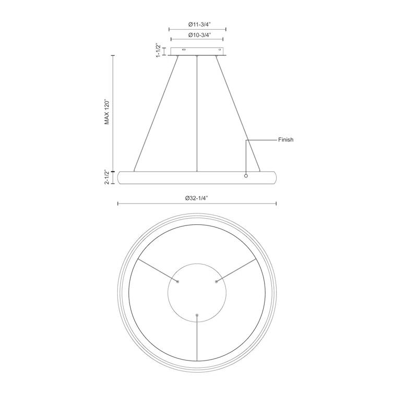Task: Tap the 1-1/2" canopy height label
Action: pos(158,50)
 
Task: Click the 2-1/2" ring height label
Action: pos(107,177)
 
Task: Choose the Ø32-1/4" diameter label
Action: pos(197,198)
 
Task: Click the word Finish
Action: pos(285,140)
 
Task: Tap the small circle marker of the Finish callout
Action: pos(246,176)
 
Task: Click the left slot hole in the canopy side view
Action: pos(184,50)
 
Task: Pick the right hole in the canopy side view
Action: pos(220,50)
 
